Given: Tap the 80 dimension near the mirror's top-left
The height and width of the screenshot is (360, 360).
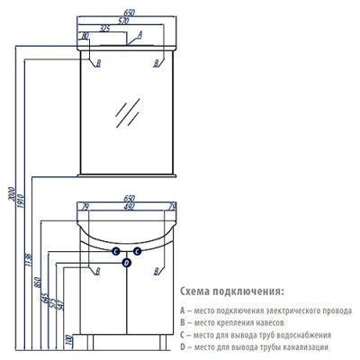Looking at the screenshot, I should pos(85,35).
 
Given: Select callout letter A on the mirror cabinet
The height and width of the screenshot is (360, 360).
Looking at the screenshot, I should pos(139,34).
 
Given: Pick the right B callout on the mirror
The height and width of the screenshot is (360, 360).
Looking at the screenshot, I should pos(158,64).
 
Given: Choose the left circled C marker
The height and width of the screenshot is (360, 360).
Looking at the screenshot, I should pos(116,250).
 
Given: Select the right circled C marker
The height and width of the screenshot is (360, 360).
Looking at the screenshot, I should pos(137,250).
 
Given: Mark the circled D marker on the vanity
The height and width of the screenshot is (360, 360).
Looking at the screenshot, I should pos(127,263).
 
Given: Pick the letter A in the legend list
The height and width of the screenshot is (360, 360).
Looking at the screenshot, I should pos(184,309).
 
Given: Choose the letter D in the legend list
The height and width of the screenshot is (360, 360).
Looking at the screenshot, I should pos(184,346).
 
